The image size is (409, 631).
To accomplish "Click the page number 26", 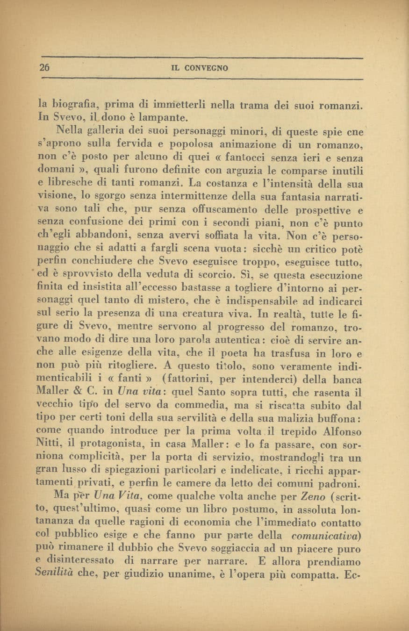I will click(44, 68).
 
